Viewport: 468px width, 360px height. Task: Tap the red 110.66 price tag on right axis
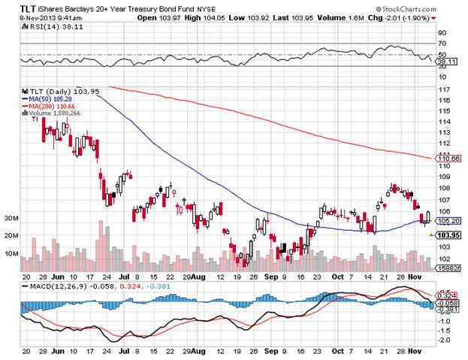pos(448,159)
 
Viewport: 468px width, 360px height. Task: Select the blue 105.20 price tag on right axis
pos(448,221)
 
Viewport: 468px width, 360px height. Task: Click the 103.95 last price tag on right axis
pos(448,235)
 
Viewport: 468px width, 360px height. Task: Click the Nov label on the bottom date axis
pos(415,351)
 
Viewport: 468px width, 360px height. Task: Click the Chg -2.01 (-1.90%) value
pos(411,16)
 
